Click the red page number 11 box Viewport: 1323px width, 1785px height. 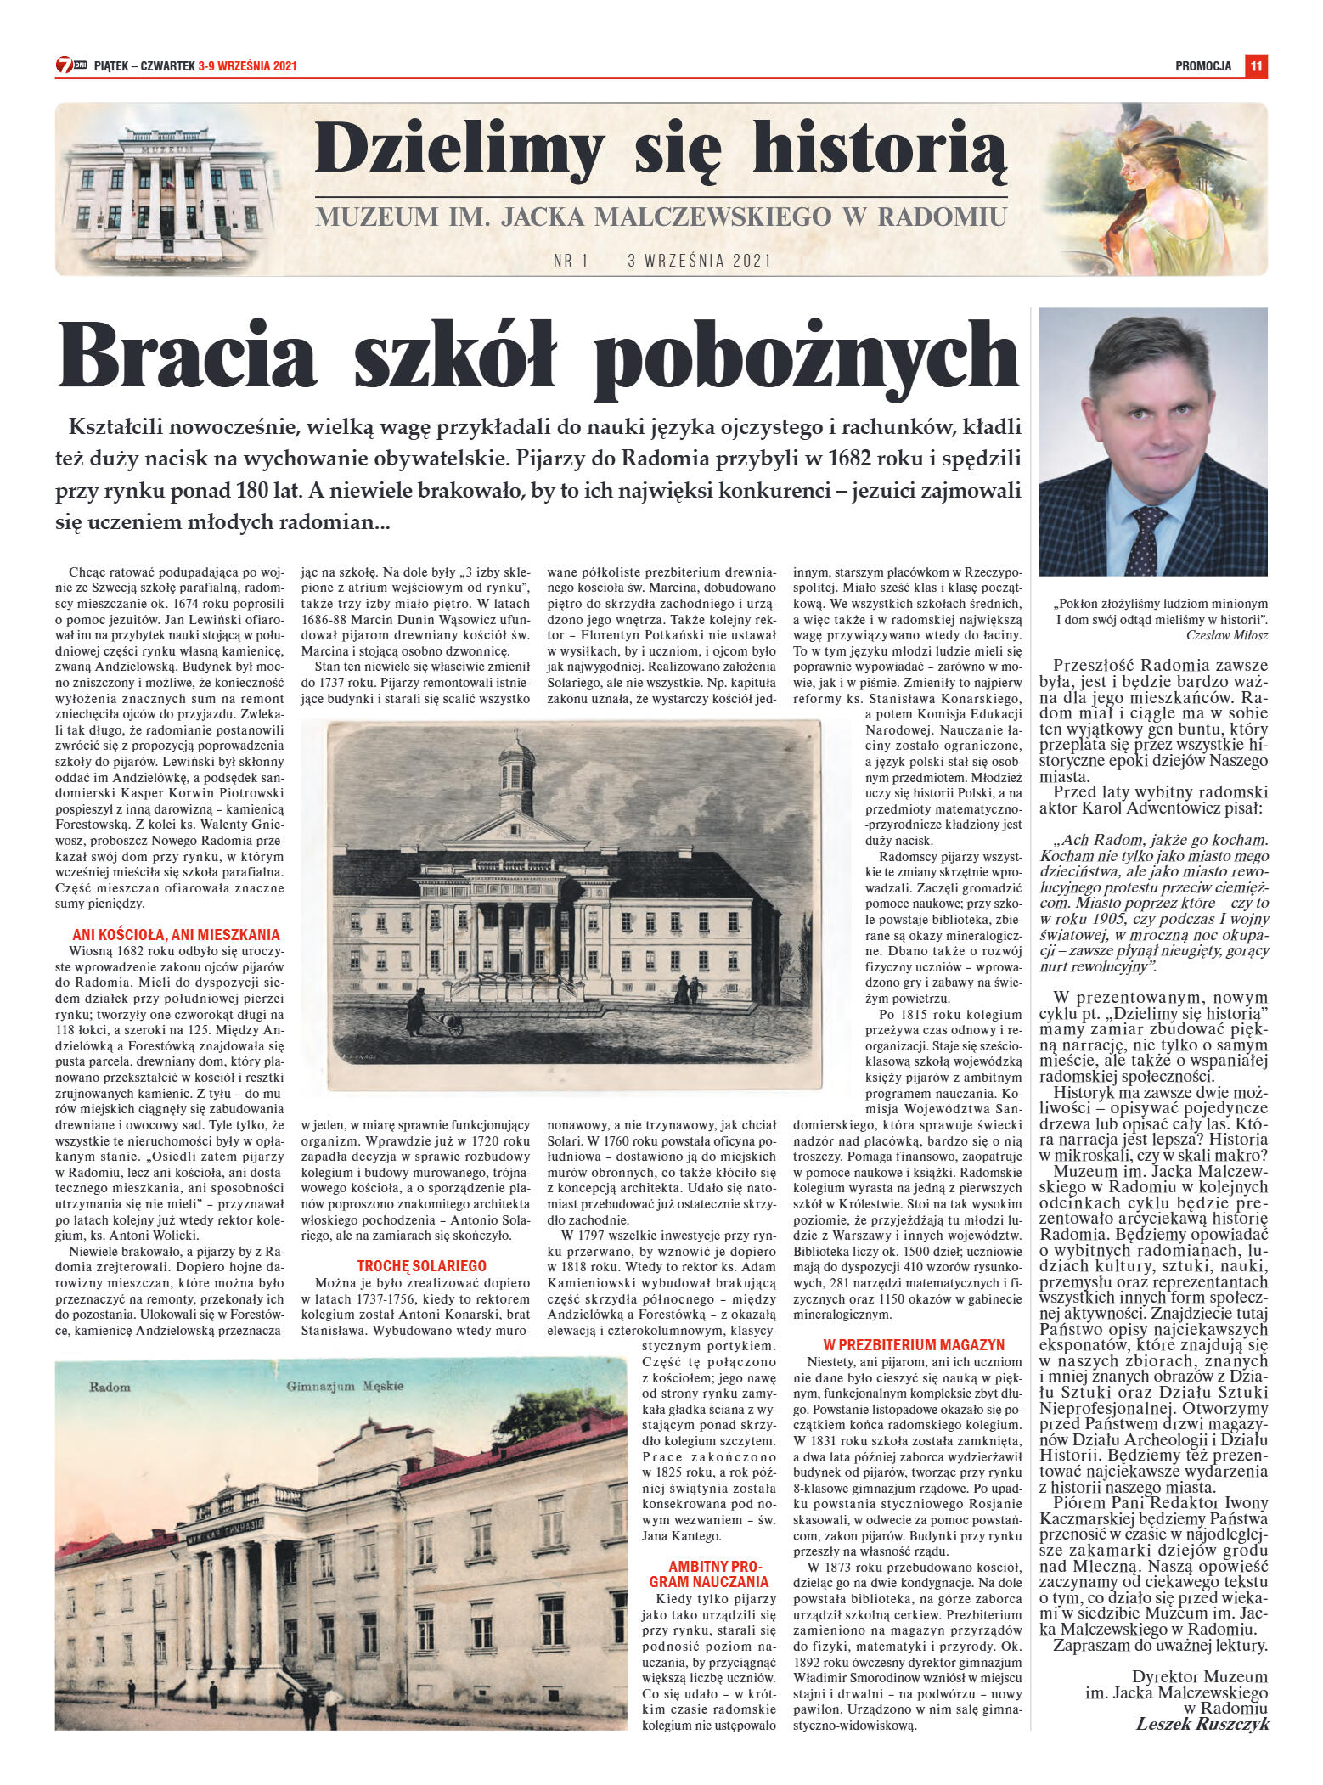click(1256, 66)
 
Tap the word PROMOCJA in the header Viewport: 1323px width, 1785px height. click(1202, 66)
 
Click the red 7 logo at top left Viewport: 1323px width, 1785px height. click(65, 65)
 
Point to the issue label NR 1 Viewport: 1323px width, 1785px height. click(571, 261)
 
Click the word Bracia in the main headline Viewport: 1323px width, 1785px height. click(187, 356)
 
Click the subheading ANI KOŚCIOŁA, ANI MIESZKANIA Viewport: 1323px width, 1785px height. click(176, 934)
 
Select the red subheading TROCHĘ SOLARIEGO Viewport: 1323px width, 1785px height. click(421, 1265)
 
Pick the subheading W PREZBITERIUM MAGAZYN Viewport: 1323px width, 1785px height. click(914, 1344)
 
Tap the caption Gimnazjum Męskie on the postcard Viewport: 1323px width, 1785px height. click(345, 1386)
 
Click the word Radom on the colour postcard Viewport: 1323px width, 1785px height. click(110, 1387)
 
